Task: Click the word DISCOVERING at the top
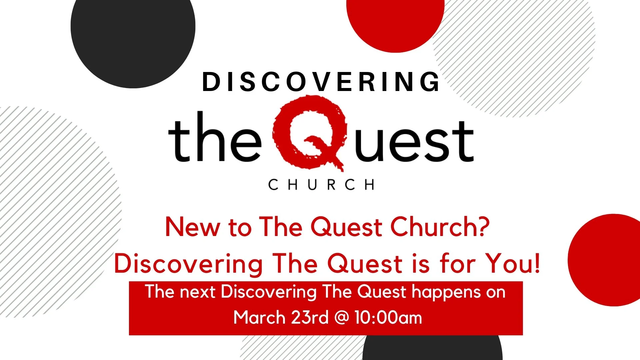(321, 82)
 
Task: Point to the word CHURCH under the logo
(321, 185)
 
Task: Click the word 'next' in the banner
(198, 292)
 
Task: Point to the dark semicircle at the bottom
(432, 348)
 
